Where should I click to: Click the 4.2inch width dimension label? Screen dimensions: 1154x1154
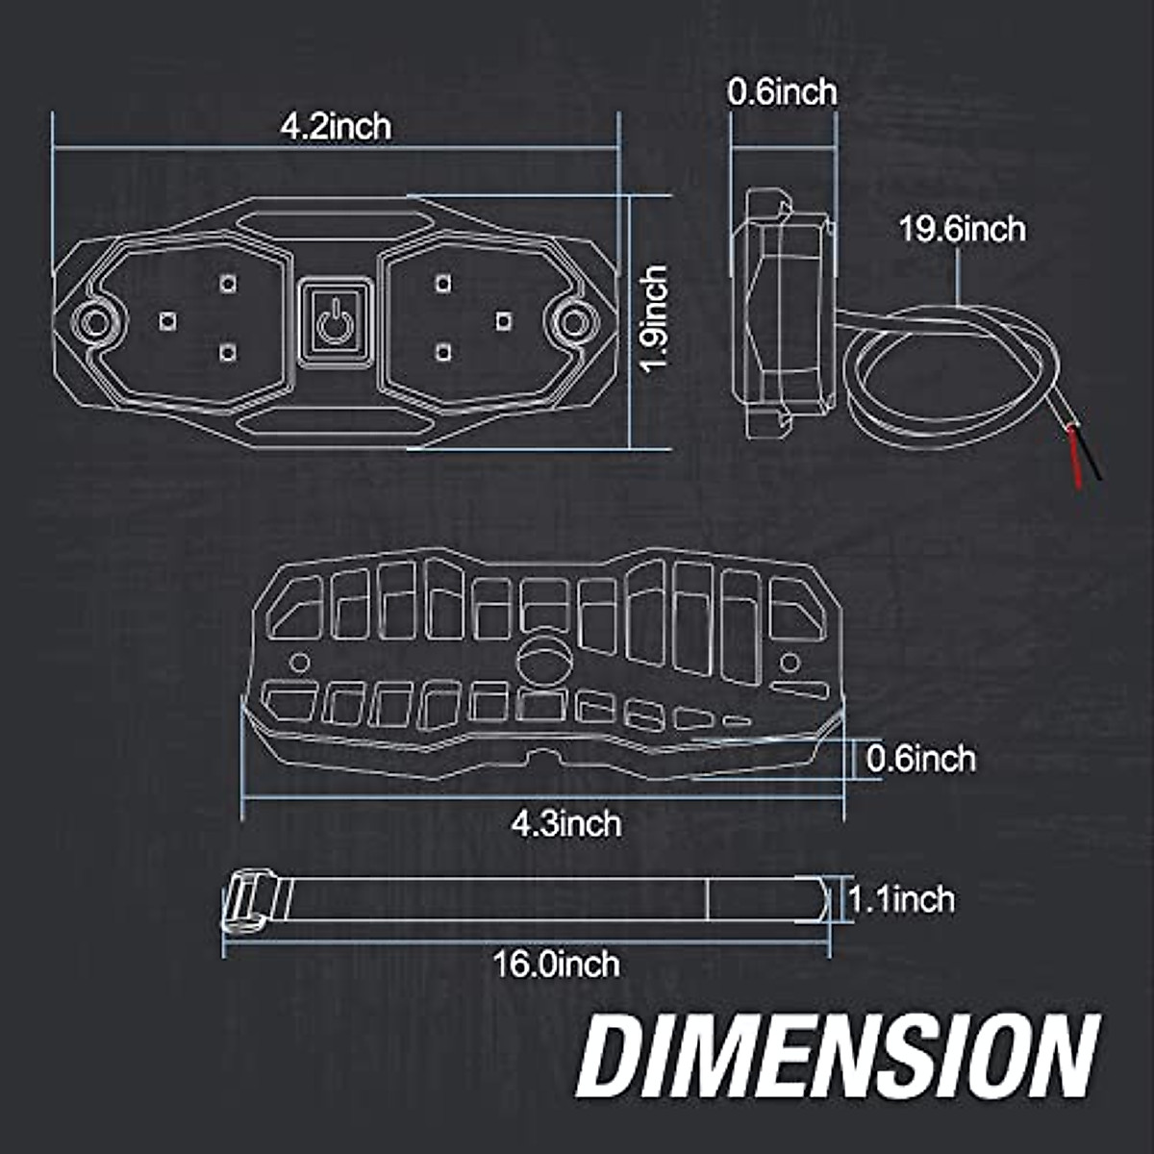point(336,126)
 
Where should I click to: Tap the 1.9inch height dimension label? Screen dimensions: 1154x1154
point(655,320)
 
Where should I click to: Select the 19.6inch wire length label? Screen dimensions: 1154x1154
point(962,230)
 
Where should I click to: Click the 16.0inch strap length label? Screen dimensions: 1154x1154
point(556,963)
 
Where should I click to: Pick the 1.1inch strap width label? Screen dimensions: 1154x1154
point(901,900)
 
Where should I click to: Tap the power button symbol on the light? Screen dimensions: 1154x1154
point(333,322)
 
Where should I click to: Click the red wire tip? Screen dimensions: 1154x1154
point(1075,466)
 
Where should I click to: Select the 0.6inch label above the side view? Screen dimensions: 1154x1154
point(781,92)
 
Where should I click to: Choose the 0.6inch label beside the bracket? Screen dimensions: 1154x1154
point(920,759)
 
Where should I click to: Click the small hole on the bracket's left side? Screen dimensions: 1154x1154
point(299,663)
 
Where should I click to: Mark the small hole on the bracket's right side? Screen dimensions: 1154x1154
point(790,663)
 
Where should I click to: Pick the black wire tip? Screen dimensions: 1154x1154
point(1093,468)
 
